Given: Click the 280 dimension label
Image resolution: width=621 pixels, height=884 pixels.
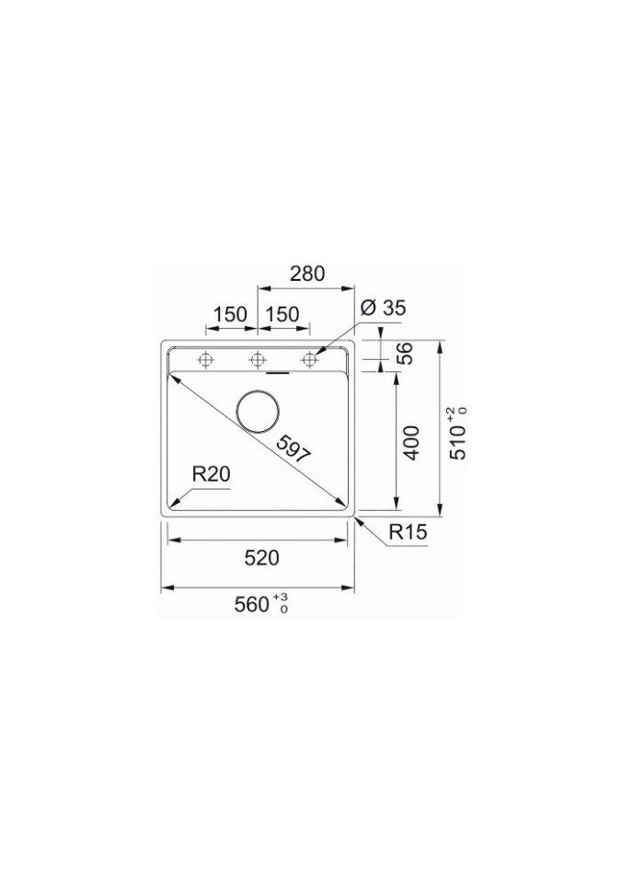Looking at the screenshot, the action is point(307,273).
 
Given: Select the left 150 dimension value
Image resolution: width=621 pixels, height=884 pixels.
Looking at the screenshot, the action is point(230,314).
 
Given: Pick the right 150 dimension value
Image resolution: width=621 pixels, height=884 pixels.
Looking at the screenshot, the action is point(282,314).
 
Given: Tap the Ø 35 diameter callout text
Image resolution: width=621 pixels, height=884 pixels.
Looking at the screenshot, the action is point(384,308).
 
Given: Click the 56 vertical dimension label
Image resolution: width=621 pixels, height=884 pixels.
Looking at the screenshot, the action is point(405,354).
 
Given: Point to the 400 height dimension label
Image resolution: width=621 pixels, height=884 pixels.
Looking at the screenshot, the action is point(412,443).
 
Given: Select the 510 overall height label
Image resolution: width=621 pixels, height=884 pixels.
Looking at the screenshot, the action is point(458,443).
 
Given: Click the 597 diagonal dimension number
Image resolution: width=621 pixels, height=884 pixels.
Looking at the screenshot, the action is point(293,450).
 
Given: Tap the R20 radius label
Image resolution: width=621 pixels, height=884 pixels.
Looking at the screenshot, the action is point(212,475).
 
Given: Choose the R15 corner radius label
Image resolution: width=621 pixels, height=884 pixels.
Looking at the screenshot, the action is point(408,531).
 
